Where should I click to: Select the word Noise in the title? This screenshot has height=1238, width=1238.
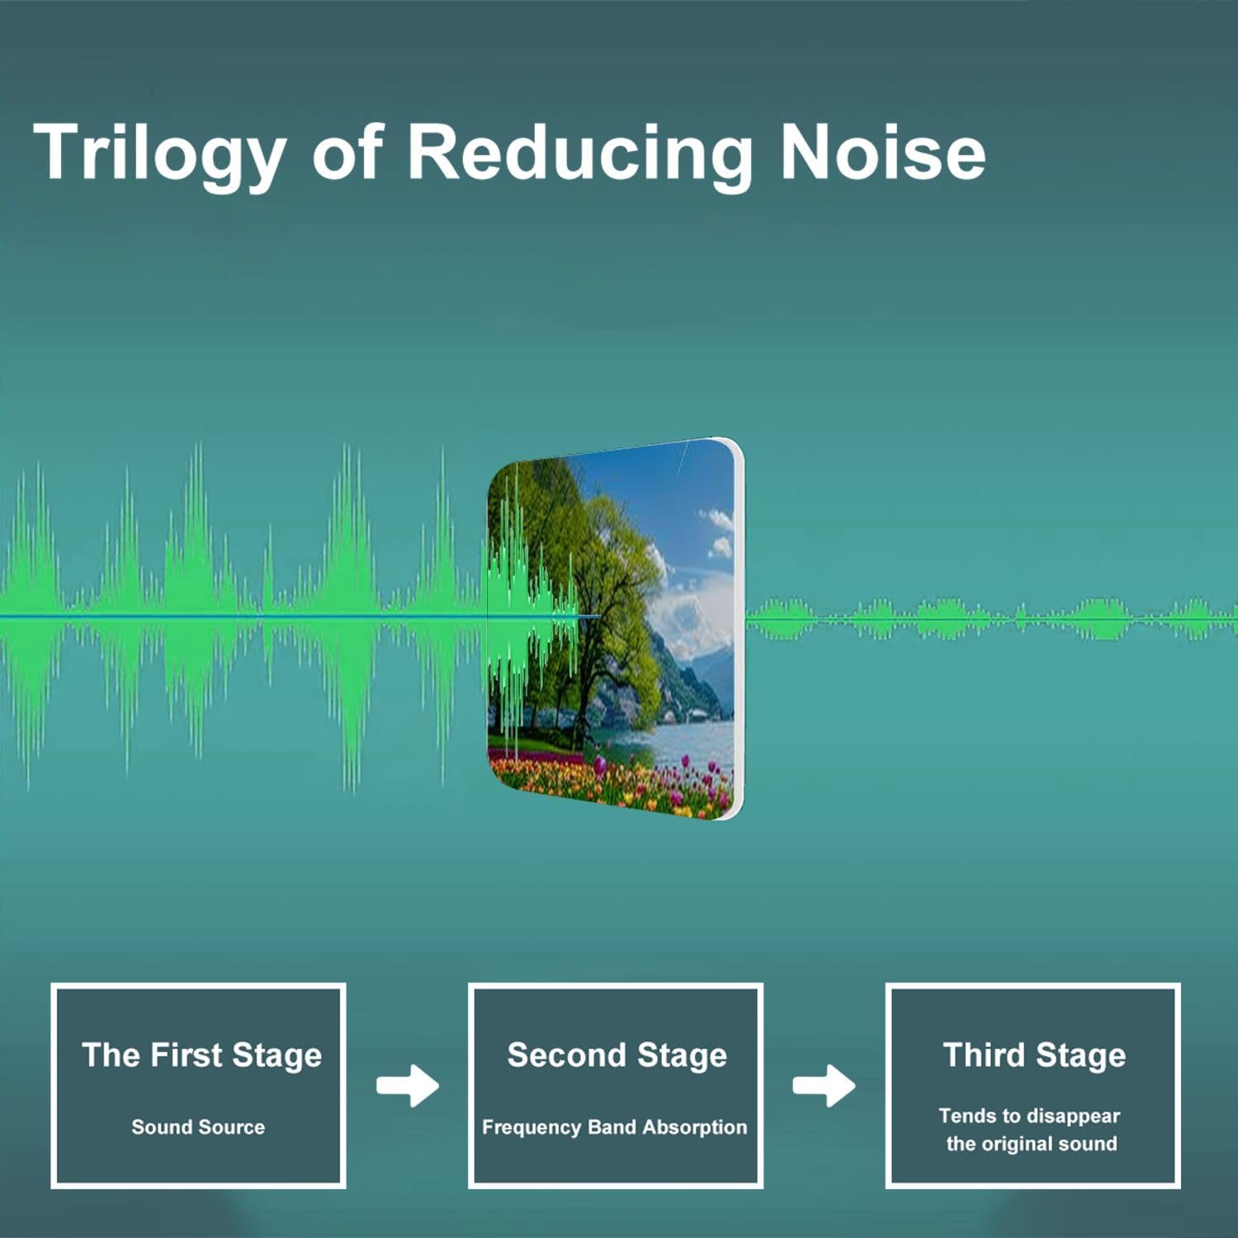[882, 152]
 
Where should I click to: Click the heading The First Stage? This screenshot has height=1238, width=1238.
[201, 1056]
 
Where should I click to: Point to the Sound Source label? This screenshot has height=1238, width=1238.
[198, 1127]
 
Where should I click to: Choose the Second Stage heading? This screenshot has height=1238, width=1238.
[617, 1056]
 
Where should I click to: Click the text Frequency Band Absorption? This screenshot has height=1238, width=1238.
[614, 1127]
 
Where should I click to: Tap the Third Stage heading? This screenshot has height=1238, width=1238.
[1034, 1056]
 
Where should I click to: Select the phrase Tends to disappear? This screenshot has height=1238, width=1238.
[1029, 1116]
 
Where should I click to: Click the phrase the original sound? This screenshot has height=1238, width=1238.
[1032, 1144]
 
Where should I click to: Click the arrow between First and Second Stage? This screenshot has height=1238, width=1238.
[408, 1085]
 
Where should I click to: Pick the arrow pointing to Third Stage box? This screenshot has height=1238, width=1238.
[824, 1085]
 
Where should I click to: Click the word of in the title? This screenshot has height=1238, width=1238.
[348, 152]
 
